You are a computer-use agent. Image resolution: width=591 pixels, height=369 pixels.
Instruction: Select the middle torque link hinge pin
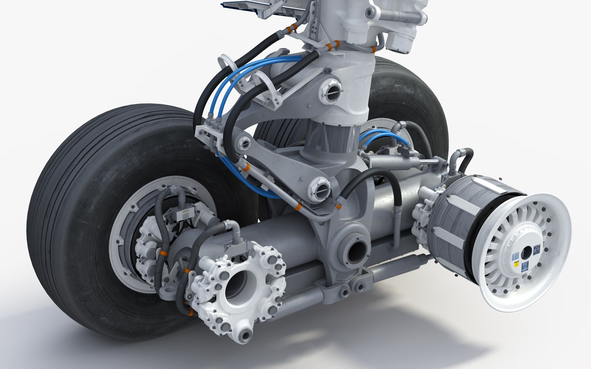244,144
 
